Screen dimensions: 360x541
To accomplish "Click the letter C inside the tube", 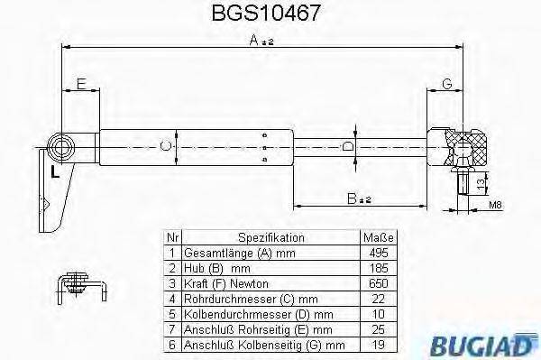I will pyautogui.click(x=164, y=144).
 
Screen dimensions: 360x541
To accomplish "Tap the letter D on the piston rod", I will pyautogui.click(x=349, y=145).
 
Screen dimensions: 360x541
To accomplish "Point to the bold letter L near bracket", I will pyautogui.click(x=55, y=169).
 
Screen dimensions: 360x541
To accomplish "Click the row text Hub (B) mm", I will pyautogui.click(x=216, y=269).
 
